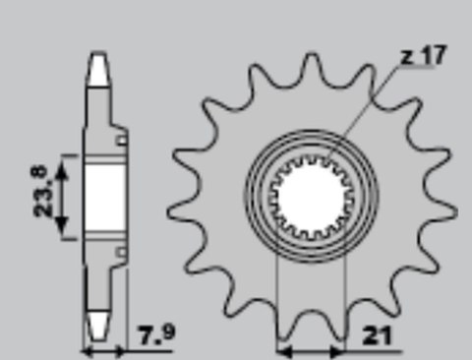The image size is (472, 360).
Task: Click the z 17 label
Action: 421,56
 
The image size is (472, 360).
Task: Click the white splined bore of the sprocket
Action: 313,192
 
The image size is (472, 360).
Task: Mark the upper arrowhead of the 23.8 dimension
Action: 64,160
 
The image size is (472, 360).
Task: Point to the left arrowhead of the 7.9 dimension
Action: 87,348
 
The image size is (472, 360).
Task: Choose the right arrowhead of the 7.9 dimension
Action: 122,348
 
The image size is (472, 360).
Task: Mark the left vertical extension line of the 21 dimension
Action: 279,295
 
